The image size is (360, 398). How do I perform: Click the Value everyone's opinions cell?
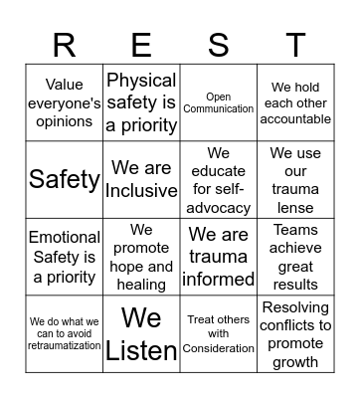(x=65, y=103)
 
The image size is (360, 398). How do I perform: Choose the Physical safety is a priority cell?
(x=141, y=103)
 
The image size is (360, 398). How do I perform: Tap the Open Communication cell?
(x=219, y=103)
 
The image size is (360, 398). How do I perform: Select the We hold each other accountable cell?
(x=295, y=103)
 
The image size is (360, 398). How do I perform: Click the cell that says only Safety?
(x=65, y=180)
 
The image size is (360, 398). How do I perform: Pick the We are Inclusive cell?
(x=141, y=180)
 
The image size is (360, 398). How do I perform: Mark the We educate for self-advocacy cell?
(x=219, y=180)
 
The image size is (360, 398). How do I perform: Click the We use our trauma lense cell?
(x=295, y=180)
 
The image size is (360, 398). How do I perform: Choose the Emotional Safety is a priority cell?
(x=65, y=257)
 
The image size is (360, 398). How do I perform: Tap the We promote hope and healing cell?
(x=141, y=257)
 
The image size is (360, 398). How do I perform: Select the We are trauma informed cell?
(x=219, y=257)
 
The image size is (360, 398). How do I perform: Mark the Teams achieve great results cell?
(x=295, y=257)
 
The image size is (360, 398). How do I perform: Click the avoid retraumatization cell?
(x=65, y=333)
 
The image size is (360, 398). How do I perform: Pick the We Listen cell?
(x=141, y=333)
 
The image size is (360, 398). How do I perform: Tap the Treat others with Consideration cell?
(x=219, y=333)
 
